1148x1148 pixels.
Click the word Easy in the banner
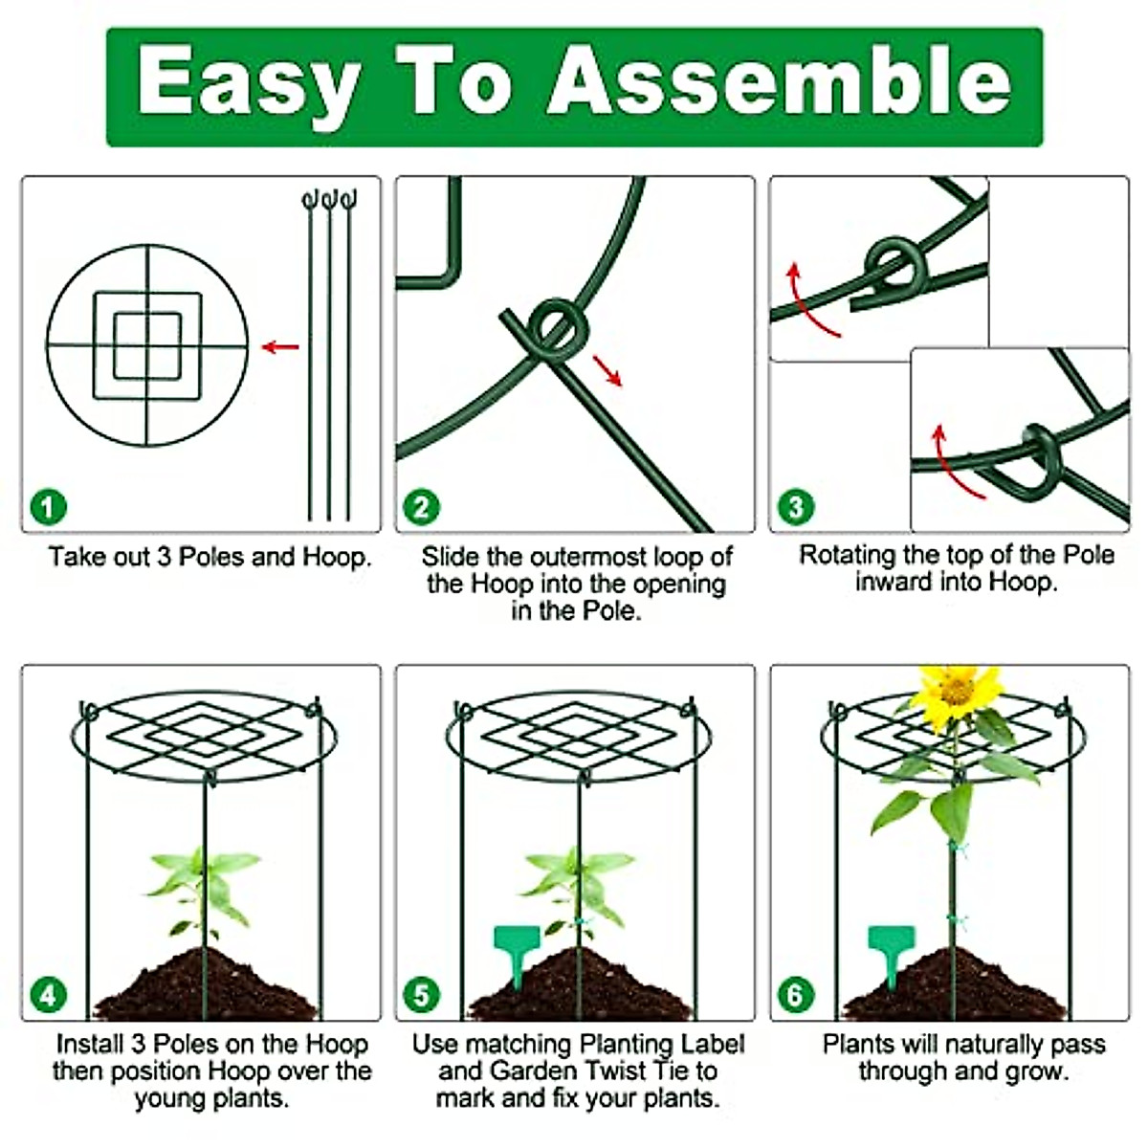(249, 84)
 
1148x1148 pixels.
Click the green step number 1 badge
(48, 507)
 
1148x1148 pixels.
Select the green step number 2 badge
(421, 507)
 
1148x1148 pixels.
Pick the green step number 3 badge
(795, 507)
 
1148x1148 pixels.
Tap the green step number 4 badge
(48, 996)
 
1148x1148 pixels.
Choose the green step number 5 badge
(421, 996)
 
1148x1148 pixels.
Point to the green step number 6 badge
(795, 996)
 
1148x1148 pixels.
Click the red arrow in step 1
(280, 346)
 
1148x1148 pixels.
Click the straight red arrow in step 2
(607, 371)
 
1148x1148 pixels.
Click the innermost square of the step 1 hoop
(147, 346)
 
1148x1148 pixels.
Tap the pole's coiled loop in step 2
(559, 329)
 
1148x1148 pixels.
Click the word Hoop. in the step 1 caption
(337, 557)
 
